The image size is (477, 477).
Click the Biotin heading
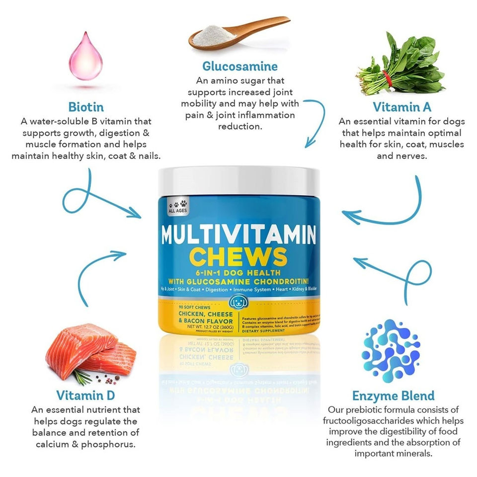86,107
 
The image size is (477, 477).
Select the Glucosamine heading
239,66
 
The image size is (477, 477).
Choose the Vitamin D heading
85,396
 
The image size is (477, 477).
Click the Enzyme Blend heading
393,396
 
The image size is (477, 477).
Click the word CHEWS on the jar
239,257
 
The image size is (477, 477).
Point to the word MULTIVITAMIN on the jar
239,234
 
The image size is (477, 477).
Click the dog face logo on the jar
239,302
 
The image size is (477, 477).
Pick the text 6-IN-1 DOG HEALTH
239,273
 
